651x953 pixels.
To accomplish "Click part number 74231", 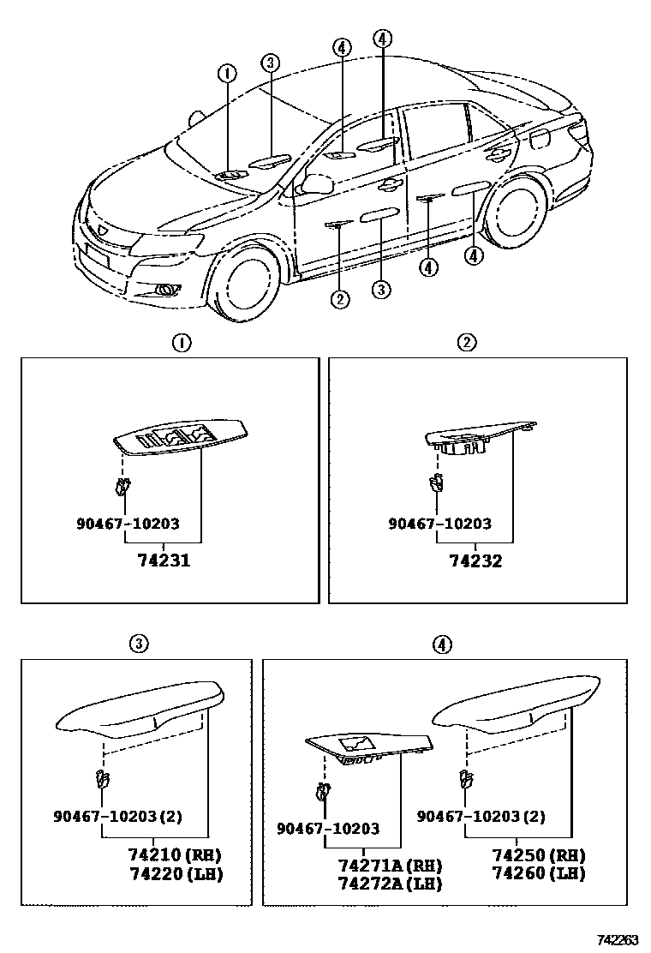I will (x=164, y=561).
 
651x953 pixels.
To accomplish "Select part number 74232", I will (x=475, y=561).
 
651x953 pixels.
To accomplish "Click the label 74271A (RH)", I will (x=390, y=866).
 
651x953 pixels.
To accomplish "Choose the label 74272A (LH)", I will (x=390, y=883).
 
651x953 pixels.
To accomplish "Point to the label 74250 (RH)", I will (x=539, y=855).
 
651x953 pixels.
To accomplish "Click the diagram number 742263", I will (x=618, y=939).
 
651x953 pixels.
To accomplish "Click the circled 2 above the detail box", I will (x=466, y=344).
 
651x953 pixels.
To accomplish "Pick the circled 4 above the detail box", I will (x=440, y=643).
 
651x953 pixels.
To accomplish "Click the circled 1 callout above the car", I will (x=226, y=74).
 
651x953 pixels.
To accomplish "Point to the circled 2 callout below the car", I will (x=340, y=299).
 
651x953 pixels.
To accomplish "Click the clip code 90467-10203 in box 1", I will (x=128, y=524).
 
